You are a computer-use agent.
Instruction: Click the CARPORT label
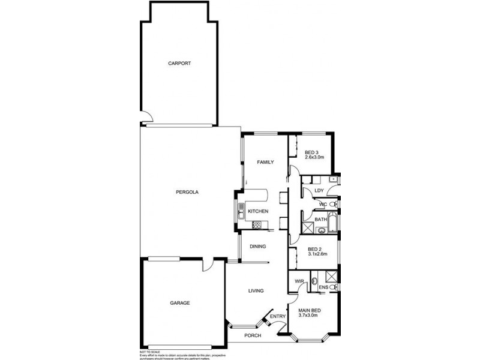tap(179, 63)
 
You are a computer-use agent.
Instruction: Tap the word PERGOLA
tap(187, 192)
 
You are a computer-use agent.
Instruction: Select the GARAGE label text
tap(179, 303)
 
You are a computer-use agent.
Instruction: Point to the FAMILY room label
tap(265, 163)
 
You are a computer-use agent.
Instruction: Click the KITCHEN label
tap(258, 211)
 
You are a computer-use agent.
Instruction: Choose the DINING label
tap(257, 246)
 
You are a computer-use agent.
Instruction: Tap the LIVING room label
tap(256, 291)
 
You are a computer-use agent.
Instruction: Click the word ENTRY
tap(278, 316)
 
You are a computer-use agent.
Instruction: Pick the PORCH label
tap(253, 335)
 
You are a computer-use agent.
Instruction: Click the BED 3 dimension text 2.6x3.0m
tap(314, 157)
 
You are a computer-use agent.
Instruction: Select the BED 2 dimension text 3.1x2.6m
tap(317, 254)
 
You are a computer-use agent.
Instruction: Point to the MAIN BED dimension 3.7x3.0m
tap(309, 316)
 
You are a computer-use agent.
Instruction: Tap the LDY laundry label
tap(319, 190)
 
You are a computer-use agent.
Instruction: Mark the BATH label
tap(321, 220)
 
